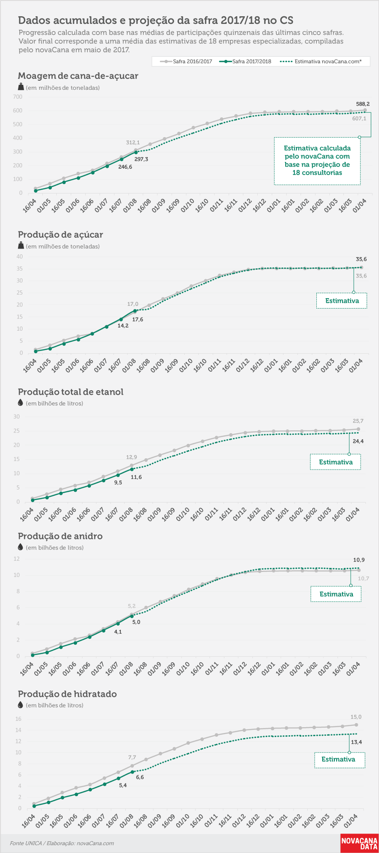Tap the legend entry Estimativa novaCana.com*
320,61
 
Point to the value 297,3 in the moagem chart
141,159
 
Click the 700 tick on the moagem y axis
18,97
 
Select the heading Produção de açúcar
60,235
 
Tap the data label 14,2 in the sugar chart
123,325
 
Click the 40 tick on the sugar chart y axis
20,257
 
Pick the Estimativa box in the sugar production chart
342,301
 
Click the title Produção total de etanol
70,392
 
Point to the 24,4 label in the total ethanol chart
358,441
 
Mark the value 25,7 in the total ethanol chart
358,421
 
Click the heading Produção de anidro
60,536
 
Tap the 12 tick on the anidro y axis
17,559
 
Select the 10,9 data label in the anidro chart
359,560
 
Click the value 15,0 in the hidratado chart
356,717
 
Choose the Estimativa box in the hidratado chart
339,760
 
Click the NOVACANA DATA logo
359,843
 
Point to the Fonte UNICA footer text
62,843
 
